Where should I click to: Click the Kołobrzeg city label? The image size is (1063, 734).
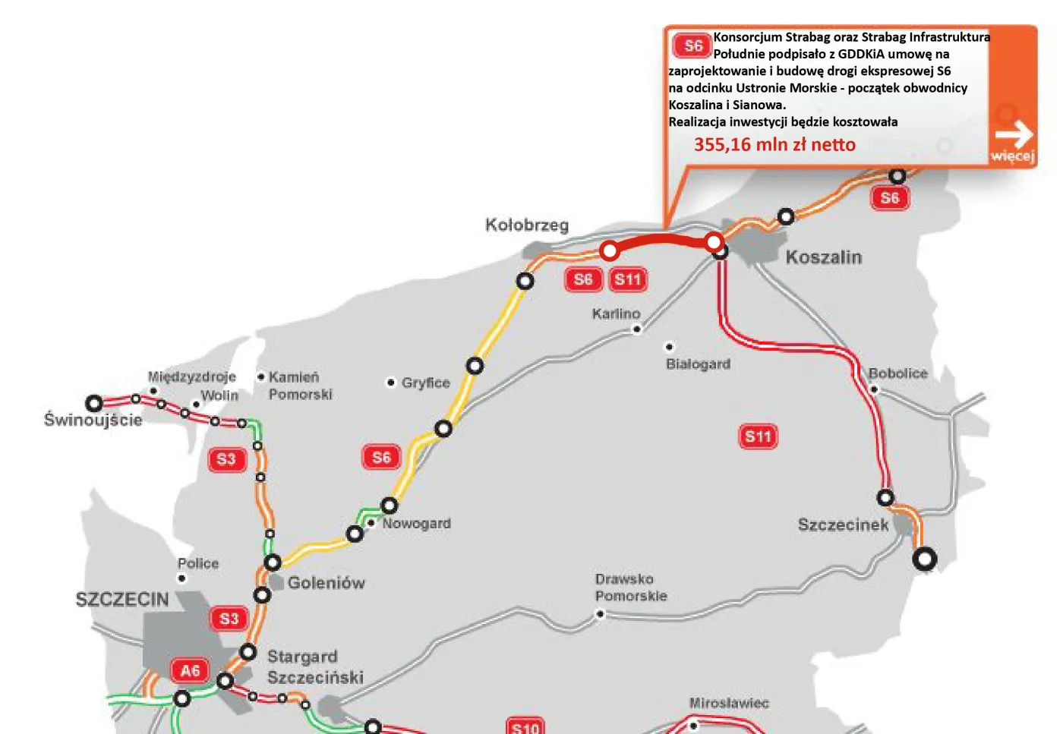527,225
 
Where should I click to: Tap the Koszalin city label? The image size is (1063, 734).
824,257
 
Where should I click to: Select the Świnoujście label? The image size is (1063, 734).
93,420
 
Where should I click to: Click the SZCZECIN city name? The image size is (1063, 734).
122,600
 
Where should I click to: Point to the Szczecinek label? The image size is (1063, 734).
843,525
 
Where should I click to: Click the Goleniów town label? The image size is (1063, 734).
326,583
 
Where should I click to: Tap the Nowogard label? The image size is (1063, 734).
416,524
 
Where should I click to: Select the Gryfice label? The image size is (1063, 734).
426,383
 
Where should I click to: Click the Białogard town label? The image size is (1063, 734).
698,364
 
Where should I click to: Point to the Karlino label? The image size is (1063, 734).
617,313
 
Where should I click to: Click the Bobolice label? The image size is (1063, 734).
898,373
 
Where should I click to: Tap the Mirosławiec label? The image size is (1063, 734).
729,704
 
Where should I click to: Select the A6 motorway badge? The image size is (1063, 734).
190,671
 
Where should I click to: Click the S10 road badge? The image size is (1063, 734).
525,727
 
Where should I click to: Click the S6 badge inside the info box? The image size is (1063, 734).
692,46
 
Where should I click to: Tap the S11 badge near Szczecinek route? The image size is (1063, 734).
758,436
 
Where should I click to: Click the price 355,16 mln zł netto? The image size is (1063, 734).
774,144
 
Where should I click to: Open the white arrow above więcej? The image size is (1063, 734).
1014,135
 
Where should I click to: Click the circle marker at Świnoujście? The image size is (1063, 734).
94,403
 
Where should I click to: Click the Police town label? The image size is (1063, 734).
198,563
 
